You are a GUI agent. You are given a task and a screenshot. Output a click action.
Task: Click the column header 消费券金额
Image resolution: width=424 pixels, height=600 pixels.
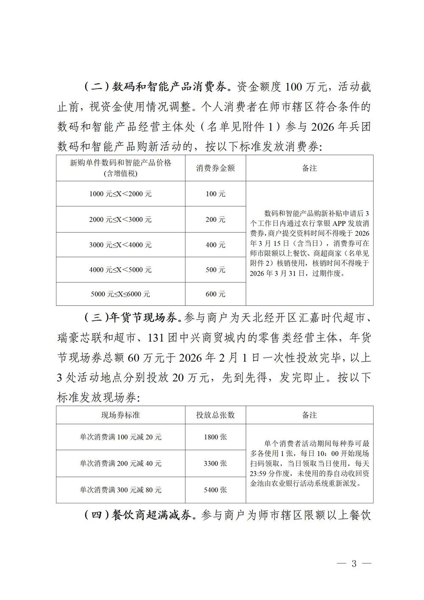[x=215, y=168]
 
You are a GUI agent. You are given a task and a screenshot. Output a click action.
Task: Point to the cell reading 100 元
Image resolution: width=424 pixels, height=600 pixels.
[x=215, y=194]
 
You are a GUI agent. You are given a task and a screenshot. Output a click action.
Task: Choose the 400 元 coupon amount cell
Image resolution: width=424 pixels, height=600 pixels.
[x=215, y=245]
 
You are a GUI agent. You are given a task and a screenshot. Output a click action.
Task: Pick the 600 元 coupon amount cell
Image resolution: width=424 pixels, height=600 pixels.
[x=215, y=294]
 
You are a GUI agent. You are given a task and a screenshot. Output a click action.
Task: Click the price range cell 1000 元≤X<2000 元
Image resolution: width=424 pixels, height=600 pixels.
[x=120, y=194]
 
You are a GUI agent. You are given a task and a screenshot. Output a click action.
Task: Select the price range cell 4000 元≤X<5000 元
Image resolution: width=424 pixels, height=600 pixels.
[x=120, y=270]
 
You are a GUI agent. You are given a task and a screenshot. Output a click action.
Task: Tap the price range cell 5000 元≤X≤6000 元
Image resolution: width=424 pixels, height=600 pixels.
[x=120, y=294]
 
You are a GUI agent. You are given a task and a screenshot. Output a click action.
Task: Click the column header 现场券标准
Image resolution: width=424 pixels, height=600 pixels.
[x=120, y=415]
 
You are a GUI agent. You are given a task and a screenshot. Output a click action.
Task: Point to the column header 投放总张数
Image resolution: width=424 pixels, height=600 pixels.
[x=215, y=415]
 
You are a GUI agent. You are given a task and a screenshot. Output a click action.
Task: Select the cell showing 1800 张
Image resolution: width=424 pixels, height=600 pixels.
[x=215, y=437]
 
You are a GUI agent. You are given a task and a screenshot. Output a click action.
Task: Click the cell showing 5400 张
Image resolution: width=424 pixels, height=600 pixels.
[x=215, y=490]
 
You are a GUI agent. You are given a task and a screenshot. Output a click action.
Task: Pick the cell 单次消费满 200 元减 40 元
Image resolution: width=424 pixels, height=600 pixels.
[x=120, y=463]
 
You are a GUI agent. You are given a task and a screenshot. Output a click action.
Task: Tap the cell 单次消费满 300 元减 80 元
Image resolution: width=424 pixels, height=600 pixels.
[x=120, y=490]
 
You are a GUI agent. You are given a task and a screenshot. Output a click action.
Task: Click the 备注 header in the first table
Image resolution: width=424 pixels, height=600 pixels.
[x=310, y=168]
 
